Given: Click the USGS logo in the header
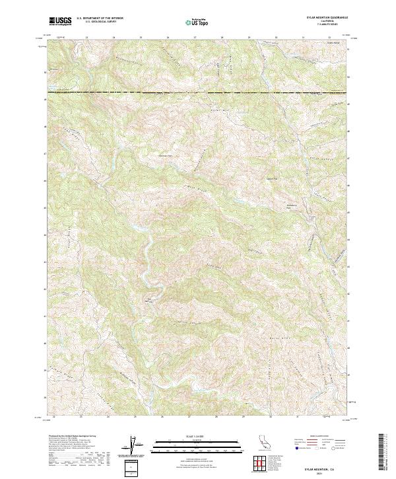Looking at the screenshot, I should [61, 21].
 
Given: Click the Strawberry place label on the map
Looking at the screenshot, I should [292, 206].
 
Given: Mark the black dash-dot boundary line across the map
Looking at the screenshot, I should [198, 92].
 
